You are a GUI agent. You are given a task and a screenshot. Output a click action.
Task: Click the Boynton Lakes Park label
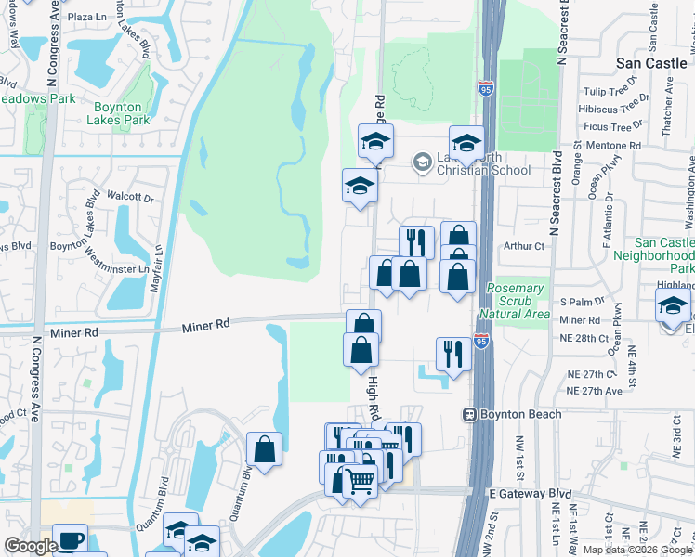pyautogui.click(x=118, y=112)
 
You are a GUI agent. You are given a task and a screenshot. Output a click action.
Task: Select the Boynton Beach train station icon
pyautogui.click(x=471, y=415)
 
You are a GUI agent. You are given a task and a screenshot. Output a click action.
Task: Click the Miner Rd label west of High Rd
pyautogui.click(x=205, y=325)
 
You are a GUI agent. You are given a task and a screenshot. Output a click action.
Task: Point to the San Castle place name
pyautogui.click(x=654, y=63)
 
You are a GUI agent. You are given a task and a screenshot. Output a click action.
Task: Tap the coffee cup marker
pyautogui.click(x=70, y=539)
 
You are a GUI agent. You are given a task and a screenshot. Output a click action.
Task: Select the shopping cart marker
pyautogui.click(x=361, y=480)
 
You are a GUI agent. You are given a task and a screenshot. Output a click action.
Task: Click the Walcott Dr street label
pyautogui.click(x=129, y=197)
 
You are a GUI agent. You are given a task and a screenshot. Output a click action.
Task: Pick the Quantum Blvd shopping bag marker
pyautogui.click(x=265, y=448)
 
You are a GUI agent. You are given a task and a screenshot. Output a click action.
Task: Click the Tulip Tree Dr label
pyautogui.click(x=608, y=92)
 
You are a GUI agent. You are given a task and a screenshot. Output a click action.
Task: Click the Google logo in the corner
pyautogui.click(x=30, y=546)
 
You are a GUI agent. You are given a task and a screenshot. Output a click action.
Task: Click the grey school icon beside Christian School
pyautogui.click(x=422, y=162)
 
